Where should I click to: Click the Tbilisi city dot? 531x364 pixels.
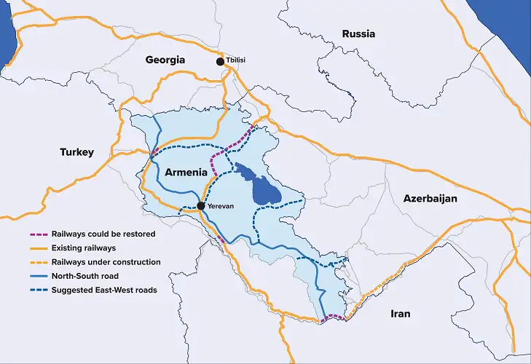click(221, 63)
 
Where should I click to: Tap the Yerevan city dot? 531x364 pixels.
click(201, 206)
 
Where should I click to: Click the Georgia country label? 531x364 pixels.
click(165, 60)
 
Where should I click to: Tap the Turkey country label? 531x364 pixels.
click(76, 152)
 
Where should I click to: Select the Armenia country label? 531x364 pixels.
click(187, 173)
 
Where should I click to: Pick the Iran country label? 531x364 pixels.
click(399, 314)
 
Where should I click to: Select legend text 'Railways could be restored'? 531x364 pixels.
click(103, 234)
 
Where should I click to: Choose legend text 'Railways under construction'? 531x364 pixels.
click(106, 262)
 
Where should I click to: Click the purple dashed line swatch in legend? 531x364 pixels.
click(36, 234)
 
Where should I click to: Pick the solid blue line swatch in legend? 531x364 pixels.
click(36, 276)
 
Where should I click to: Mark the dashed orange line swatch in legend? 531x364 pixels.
click(36, 262)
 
